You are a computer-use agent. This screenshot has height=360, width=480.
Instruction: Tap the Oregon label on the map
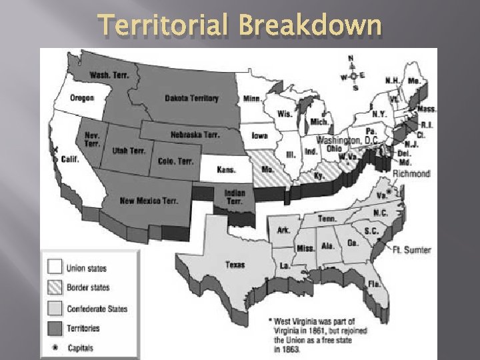pyautogui.click(x=82, y=98)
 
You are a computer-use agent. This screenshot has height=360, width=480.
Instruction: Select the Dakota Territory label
pyautogui.click(x=191, y=99)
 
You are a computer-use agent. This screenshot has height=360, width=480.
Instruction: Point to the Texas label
pyautogui.click(x=235, y=265)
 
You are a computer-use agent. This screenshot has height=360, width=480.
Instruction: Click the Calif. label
pyautogui.click(x=70, y=159)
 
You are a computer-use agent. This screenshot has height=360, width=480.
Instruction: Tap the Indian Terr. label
pyautogui.click(x=235, y=197)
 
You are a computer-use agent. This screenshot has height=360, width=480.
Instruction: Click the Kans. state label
pyautogui.click(x=226, y=170)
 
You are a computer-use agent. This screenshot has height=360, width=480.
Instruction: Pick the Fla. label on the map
pyautogui.click(x=374, y=283)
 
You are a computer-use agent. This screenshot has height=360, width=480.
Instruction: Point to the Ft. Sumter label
pyautogui.click(x=411, y=250)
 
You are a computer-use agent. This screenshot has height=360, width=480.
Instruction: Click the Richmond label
pyautogui.click(x=411, y=173)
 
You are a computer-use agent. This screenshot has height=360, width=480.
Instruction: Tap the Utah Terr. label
pyautogui.click(x=129, y=151)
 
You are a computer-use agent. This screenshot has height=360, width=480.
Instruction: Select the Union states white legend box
pyautogui.click(x=55, y=268)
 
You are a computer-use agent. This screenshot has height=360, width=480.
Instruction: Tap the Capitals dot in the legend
pyautogui.click(x=55, y=347)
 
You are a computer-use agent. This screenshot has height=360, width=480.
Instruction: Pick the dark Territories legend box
pyautogui.click(x=55, y=327)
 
